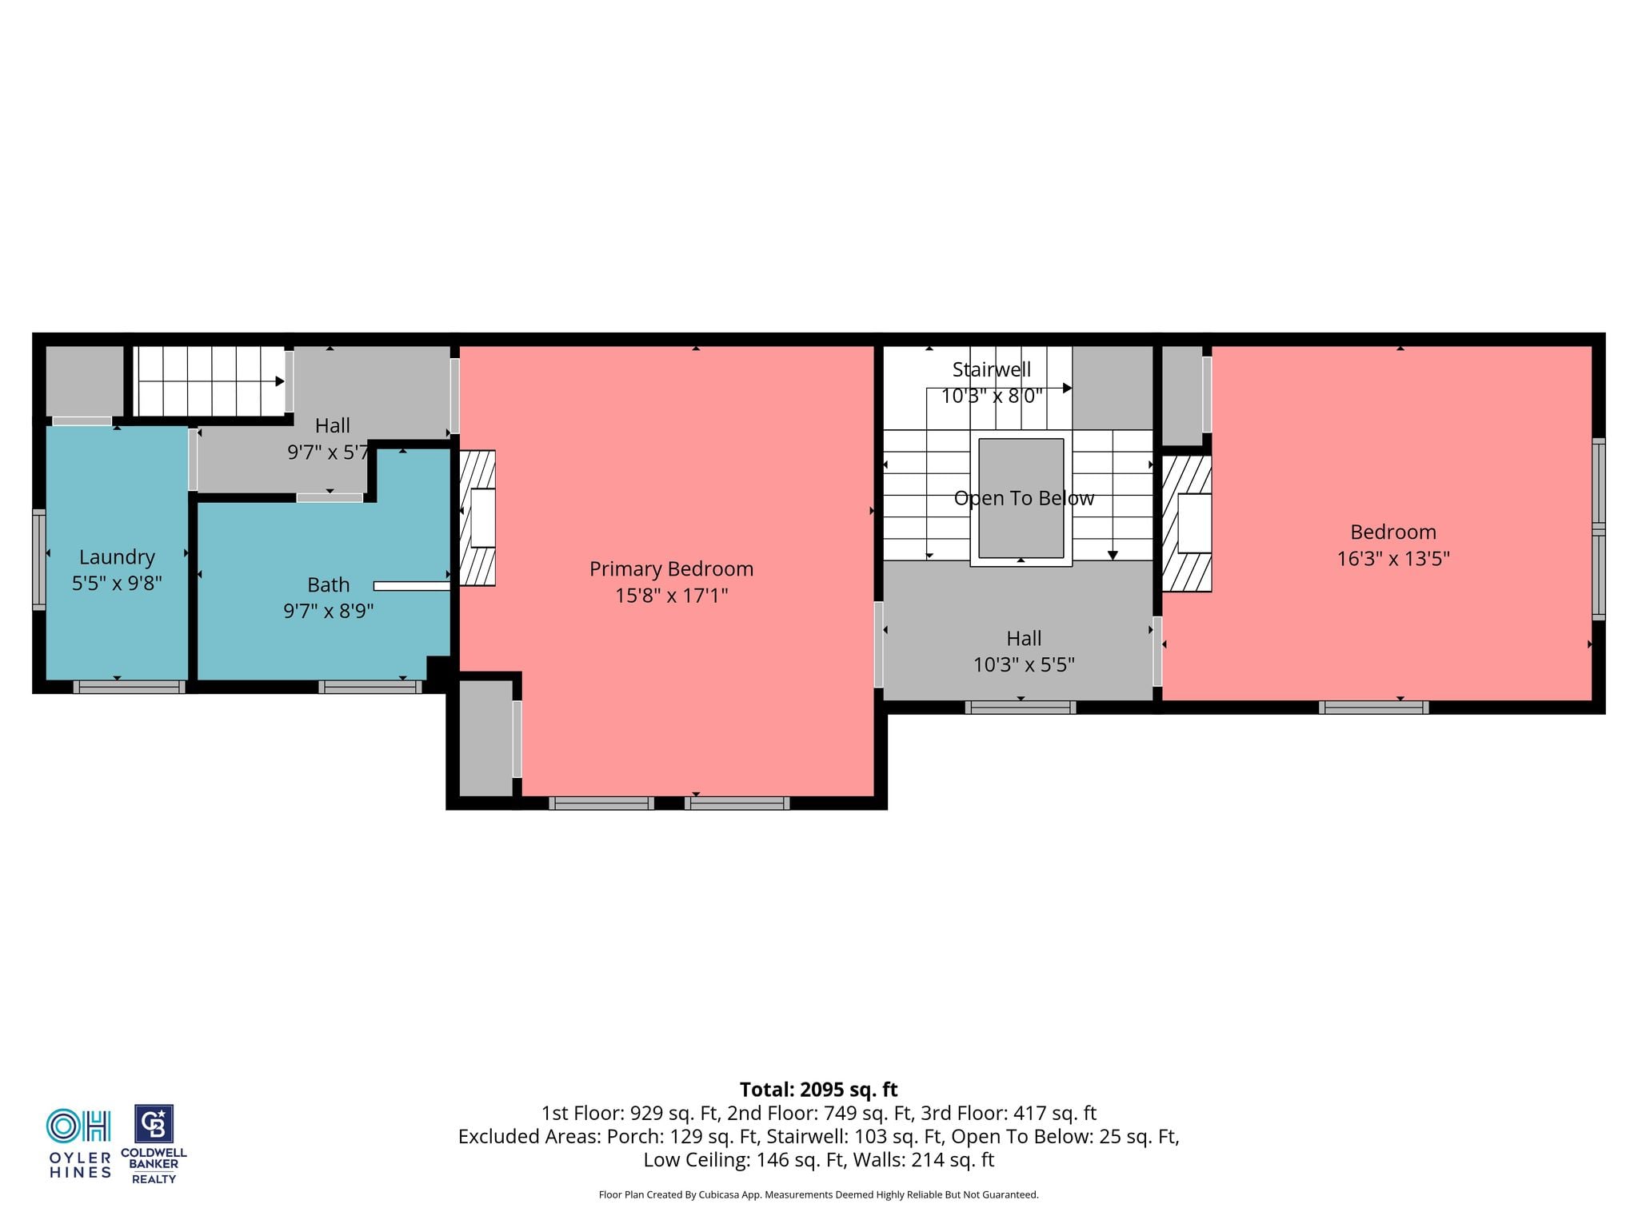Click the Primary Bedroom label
click(671, 568)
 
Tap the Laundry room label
click(117, 556)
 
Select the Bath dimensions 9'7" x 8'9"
click(328, 611)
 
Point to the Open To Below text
click(1024, 498)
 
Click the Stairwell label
click(992, 369)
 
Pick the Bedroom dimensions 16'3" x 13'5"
click(1393, 558)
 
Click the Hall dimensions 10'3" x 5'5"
click(1024, 664)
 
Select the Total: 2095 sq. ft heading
click(818, 1090)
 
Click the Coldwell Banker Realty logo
click(154, 1144)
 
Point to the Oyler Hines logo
click(80, 1144)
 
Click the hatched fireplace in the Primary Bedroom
click(477, 518)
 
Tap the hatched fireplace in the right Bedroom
click(1186, 524)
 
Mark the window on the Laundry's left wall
click(38, 560)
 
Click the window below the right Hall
click(1021, 707)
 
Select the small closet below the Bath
click(485, 738)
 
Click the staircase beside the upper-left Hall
click(210, 381)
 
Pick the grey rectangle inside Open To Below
click(1021, 498)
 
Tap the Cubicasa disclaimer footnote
click(818, 1194)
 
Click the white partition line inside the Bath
click(412, 586)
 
